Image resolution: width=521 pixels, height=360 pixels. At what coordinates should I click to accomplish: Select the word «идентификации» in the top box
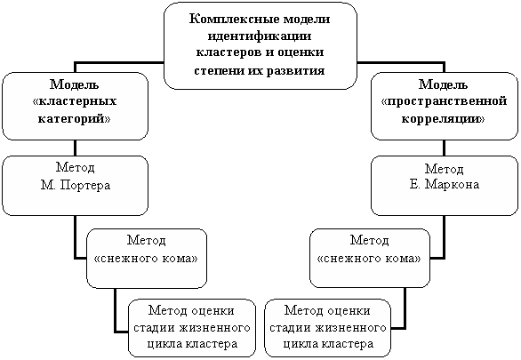coord(260,36)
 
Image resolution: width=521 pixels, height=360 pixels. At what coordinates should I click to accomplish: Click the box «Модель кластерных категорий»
coord(75,106)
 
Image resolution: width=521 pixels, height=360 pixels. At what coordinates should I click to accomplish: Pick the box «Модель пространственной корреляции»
coord(445,106)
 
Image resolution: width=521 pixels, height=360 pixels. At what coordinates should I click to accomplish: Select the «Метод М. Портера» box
coord(75,186)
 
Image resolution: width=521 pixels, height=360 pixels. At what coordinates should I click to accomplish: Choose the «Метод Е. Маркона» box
coord(445,186)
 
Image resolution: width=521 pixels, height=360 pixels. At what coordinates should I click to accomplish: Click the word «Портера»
coord(85,185)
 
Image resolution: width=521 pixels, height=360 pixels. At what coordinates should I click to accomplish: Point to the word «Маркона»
coord(453,184)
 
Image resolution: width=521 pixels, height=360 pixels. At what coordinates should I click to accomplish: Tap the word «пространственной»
coord(445,101)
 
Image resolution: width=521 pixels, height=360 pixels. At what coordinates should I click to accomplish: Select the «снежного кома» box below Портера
coord(147,258)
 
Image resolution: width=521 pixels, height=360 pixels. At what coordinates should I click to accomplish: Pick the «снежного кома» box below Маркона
coord(370,258)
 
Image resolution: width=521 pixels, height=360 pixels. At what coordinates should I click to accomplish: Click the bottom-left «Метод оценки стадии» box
coord(192,328)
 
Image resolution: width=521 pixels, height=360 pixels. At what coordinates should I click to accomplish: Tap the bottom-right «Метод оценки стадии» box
coord(327,328)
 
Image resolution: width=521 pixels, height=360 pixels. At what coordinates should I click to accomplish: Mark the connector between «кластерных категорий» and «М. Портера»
coord(75,148)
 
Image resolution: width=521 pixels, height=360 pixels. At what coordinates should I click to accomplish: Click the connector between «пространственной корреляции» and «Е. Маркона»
coord(445,148)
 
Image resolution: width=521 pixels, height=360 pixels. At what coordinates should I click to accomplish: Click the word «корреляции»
coord(443,118)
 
